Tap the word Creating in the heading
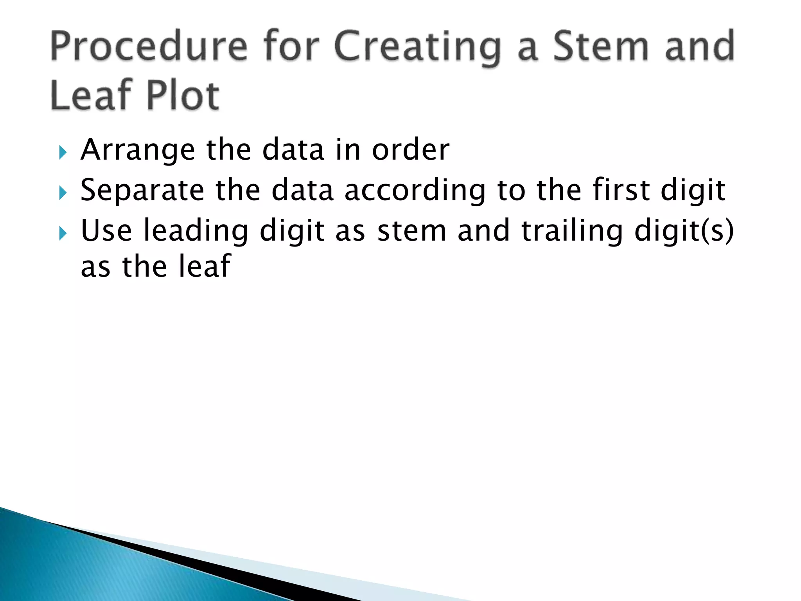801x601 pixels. (417, 48)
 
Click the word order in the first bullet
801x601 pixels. (411, 150)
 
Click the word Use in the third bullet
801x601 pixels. (106, 231)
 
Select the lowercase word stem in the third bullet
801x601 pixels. (411, 231)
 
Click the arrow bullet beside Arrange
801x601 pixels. (63, 152)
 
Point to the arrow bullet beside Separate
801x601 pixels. (63, 193)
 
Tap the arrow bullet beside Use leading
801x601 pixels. (63, 234)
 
